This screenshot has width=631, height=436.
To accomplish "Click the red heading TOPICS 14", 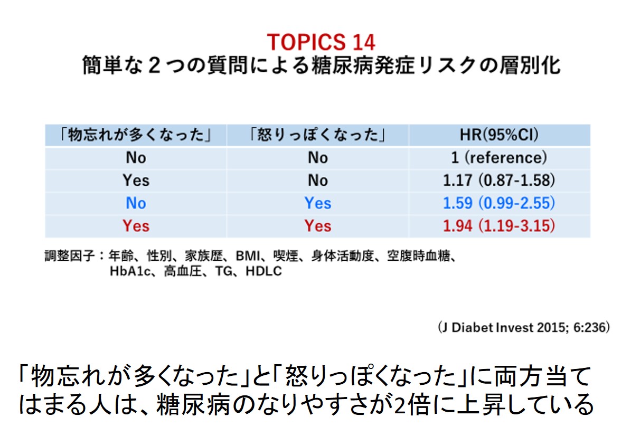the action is [x=321, y=42].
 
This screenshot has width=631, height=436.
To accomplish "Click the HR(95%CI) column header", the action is [x=499, y=135].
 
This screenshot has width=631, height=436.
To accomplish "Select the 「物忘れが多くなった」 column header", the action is [x=136, y=135].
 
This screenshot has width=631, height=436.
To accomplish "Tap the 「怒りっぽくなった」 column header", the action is [x=318, y=135].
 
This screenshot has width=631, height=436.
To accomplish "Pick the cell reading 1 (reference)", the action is [x=499, y=157].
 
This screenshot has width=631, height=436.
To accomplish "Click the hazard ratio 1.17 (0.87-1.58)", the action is [x=499, y=180].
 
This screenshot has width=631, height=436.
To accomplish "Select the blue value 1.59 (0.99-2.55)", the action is [x=499, y=203].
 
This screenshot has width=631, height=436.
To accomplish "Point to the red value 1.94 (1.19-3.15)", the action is [x=499, y=225].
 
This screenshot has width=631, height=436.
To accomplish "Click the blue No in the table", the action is [x=136, y=203].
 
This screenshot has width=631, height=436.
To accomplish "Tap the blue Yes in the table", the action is [x=318, y=203].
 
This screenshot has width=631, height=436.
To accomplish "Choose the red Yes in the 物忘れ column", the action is [x=136, y=226].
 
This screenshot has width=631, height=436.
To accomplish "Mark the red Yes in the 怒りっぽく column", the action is [x=318, y=226].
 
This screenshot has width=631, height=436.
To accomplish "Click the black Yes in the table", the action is [x=136, y=180].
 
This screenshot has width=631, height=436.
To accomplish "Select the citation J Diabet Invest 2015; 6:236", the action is [x=524, y=327].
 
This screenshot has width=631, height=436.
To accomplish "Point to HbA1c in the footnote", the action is [x=130, y=271].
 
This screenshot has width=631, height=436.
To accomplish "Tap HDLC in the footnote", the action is [x=263, y=271].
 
